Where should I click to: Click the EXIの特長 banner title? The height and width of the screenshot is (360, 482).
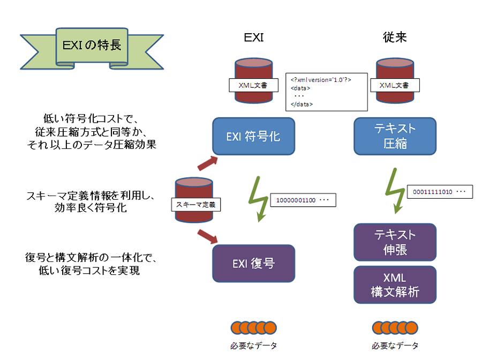(x=89, y=45)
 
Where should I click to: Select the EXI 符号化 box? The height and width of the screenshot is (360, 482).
(x=253, y=137)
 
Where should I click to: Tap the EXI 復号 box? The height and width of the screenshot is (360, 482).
(x=253, y=263)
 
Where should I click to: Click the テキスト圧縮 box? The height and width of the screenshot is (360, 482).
(x=395, y=137)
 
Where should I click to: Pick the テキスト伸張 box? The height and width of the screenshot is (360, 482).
(x=395, y=242)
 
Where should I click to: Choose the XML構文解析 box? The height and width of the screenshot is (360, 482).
(x=395, y=284)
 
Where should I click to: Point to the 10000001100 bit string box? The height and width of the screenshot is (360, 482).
(x=304, y=200)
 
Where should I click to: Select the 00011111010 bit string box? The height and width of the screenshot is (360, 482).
(x=440, y=192)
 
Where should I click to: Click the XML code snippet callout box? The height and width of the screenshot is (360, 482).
(x=327, y=91)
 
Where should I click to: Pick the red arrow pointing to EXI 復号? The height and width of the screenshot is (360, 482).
(x=207, y=235)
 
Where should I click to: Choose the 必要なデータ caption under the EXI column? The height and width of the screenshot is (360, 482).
(x=253, y=346)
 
